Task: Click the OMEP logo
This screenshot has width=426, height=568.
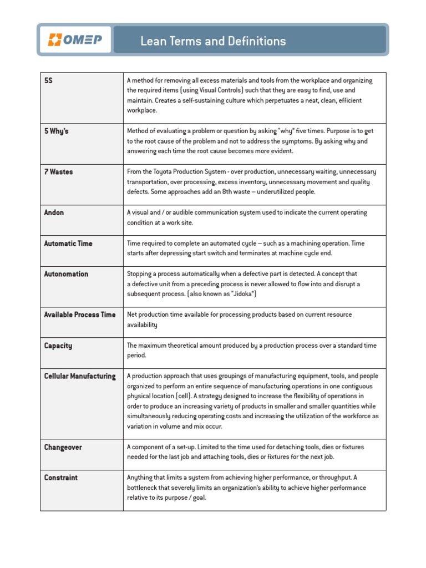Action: click(75, 40)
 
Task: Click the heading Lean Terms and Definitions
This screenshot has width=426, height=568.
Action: click(213, 41)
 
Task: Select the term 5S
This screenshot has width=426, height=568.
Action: click(48, 80)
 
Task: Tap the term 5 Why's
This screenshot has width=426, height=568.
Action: click(56, 131)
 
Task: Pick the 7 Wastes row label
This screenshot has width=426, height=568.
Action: click(58, 172)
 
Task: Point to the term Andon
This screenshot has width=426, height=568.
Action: click(54, 212)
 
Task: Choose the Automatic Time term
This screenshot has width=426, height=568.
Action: click(68, 244)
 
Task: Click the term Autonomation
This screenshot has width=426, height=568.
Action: click(66, 274)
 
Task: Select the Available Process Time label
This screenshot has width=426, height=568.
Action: click(80, 315)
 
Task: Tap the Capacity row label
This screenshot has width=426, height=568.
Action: click(58, 346)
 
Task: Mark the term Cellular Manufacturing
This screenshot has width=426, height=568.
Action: click(80, 376)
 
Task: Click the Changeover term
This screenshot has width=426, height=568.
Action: click(63, 447)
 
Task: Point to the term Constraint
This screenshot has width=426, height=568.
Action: click(61, 478)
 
